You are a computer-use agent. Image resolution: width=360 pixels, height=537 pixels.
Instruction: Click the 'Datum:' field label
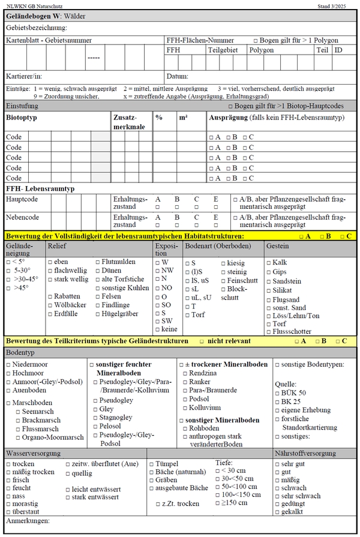pyautogui.click(x=178, y=76)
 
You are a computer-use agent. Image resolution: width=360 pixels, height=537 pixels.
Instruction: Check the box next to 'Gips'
pyautogui.click(x=268, y=272)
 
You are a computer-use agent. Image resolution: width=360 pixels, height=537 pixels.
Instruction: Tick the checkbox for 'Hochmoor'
pyautogui.click(x=8, y=373)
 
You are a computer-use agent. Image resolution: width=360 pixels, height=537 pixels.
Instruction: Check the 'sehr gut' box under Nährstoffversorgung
pyautogui.click(x=277, y=464)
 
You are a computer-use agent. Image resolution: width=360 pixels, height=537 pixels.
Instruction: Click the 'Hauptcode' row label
pyautogui.click(x=22, y=199)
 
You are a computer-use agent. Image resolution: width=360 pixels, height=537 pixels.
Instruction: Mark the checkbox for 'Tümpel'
pyautogui.click(x=151, y=464)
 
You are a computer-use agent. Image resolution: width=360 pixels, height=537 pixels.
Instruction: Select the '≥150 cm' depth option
pyautogui.click(x=218, y=502)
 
